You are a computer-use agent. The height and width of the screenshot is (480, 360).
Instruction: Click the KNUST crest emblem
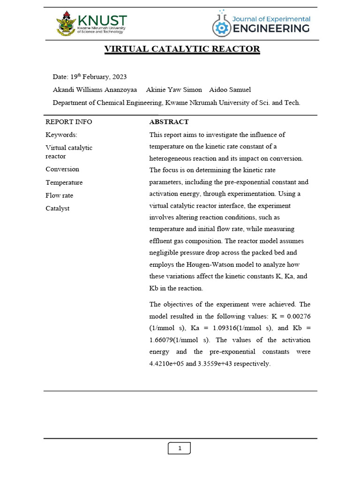(66, 24)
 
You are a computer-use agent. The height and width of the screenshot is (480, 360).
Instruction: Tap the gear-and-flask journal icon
(220, 25)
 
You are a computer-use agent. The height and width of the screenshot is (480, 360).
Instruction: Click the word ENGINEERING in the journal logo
(271, 29)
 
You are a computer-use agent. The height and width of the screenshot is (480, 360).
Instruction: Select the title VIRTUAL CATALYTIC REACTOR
(182, 49)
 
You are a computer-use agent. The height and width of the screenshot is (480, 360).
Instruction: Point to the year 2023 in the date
(118, 77)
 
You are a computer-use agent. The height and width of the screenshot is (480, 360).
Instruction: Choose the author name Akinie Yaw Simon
(174, 90)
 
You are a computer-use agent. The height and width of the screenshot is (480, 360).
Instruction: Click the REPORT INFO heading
(69, 122)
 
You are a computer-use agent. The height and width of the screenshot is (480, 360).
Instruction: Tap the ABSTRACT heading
(169, 122)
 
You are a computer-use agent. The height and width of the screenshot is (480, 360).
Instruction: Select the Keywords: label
(61, 135)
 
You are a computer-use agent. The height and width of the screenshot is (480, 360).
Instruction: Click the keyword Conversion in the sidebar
(62, 169)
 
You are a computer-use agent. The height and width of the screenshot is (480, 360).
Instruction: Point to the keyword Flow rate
(59, 195)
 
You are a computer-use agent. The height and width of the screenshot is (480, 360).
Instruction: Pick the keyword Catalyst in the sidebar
(57, 208)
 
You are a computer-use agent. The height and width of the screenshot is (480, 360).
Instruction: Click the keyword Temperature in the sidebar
(64, 182)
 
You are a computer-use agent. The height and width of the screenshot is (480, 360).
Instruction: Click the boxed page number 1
(180, 449)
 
